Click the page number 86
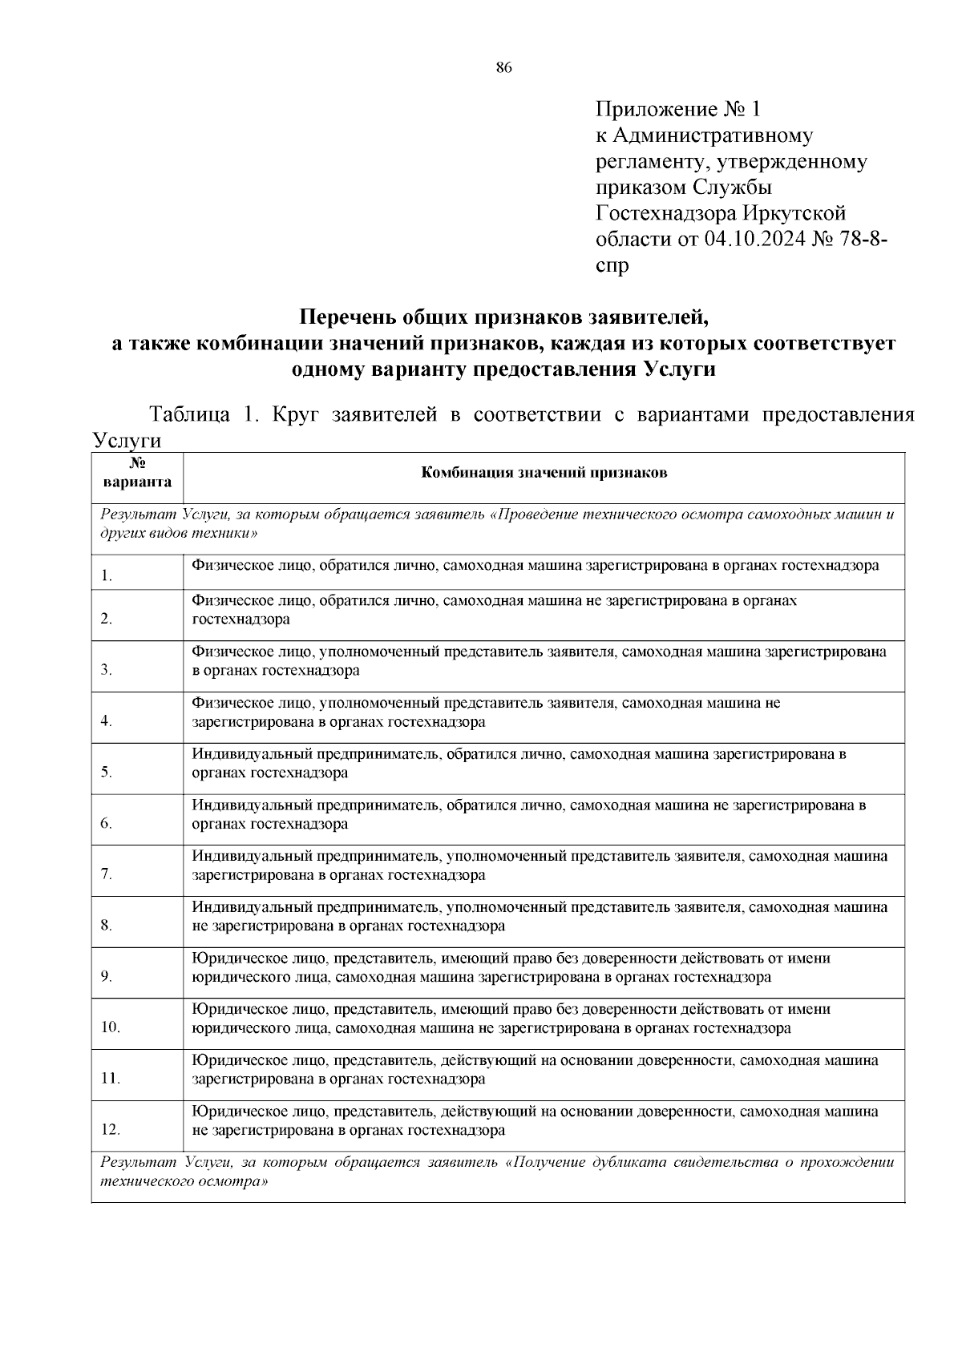click(503, 67)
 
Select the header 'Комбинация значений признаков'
click(544, 473)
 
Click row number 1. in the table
click(107, 576)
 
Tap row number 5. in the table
click(107, 773)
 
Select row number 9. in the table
click(107, 977)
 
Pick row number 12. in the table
click(111, 1130)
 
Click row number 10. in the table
click(111, 1028)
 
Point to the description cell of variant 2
click(495, 610)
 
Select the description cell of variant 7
click(540, 866)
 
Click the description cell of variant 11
click(535, 1070)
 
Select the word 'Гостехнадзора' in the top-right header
click(665, 213)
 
